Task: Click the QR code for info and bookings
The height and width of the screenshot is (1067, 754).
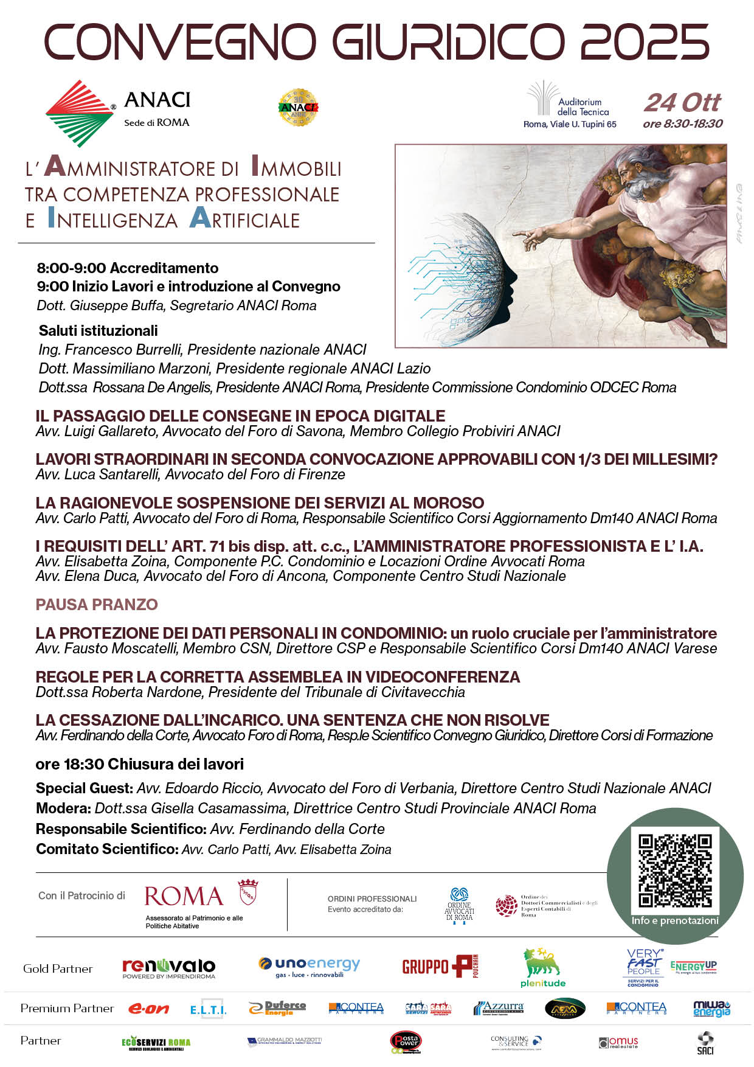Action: pos(675,871)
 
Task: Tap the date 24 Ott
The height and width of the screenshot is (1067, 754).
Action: pos(682,103)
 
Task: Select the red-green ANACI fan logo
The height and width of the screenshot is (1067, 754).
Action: pos(79,113)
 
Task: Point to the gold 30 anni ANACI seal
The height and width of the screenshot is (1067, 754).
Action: pos(298,108)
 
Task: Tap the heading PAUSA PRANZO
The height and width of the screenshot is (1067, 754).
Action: pos(97,604)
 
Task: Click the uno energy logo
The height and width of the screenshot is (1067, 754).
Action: pos(310,966)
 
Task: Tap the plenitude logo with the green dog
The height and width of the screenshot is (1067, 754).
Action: pos(542,967)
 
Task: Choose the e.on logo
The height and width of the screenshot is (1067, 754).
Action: pos(148,1009)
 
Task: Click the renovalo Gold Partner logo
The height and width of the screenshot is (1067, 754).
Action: pos(168,967)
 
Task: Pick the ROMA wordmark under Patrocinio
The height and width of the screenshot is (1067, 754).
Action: pos(184,897)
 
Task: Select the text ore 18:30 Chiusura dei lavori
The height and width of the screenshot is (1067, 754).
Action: pos(139,764)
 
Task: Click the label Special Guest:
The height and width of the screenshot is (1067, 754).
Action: pos(84,788)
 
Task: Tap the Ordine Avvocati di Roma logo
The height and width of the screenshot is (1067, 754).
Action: pos(459,906)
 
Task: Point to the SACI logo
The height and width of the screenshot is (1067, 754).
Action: pos(705,1043)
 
